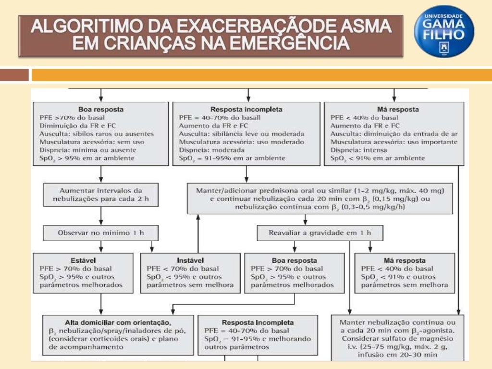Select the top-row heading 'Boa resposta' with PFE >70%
[100, 110]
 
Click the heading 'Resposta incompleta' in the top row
[246, 110]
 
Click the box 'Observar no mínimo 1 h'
[100, 233]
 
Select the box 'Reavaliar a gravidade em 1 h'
[320, 233]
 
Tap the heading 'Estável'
[83, 260]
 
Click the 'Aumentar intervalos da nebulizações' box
[100, 195]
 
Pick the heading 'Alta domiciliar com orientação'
[118, 322]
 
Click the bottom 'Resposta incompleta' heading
[258, 322]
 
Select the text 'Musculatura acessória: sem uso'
[92, 142]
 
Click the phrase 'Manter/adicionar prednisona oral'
[250, 190]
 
